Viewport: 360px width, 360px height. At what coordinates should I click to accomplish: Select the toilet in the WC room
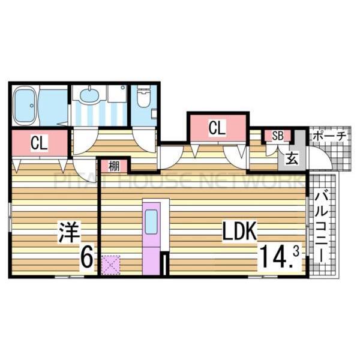tap(143, 97)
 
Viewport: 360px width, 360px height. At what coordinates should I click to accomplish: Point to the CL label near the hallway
tap(217, 127)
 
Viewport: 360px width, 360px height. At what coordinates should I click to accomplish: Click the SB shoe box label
tap(278, 136)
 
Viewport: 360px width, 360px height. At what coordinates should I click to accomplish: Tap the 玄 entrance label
tap(291, 159)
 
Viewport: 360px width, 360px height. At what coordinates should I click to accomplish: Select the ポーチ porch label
tap(328, 136)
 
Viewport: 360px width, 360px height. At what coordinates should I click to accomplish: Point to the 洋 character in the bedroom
tap(69, 232)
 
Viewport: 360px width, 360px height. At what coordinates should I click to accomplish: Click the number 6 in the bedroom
tap(86, 259)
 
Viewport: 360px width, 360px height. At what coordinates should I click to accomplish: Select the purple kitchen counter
tap(151, 237)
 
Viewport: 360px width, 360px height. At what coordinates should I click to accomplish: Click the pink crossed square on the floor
tap(110, 264)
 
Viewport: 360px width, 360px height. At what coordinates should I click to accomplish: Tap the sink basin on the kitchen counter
tap(151, 221)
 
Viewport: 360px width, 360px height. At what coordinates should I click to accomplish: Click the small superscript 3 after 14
tap(295, 253)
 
